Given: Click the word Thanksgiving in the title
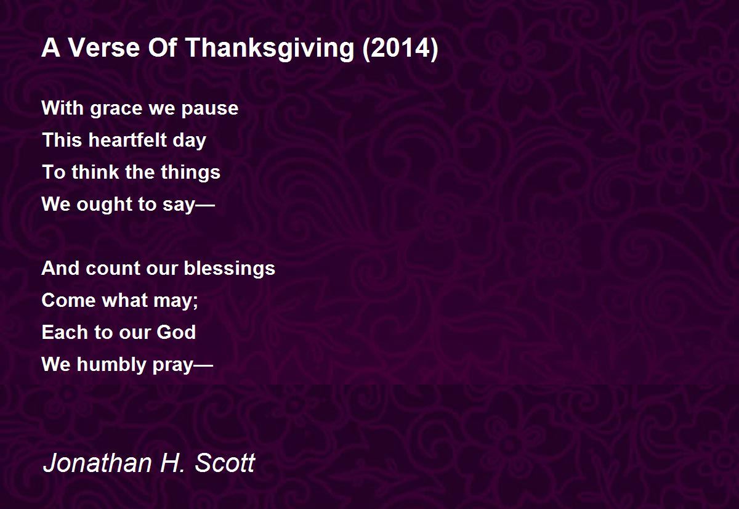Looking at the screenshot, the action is pos(270,48).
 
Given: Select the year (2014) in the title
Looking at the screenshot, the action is pos(400,48).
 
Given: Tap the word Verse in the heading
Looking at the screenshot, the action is pos(103,47).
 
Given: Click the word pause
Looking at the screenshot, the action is pos(210,110).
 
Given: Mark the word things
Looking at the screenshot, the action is pos(191,173).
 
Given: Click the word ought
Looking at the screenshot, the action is pos(105,205).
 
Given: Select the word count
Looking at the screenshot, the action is pos(113,268).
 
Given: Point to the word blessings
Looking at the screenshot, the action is pos(229,269).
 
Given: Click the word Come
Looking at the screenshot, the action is pos(68,300).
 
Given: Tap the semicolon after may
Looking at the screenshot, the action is pos(195,302).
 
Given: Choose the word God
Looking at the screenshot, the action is pos(176,332).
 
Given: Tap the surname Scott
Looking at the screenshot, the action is pos(225,463).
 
